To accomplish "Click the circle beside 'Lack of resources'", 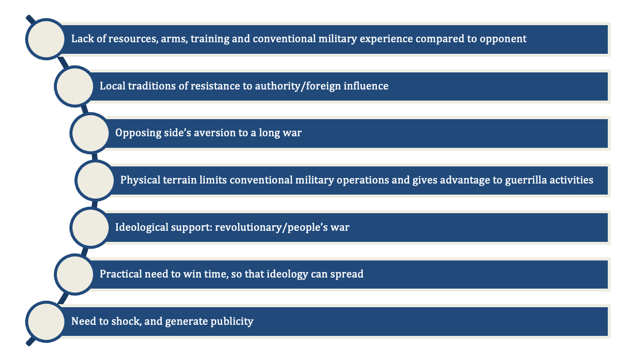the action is [x=46, y=39].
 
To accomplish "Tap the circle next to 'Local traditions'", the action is [x=74, y=86].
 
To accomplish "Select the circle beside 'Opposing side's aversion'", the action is [x=90, y=133].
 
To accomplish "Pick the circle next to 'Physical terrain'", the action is [x=95, y=181].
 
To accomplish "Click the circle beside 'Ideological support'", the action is [x=90, y=228].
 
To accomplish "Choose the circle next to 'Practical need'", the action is [x=74, y=275].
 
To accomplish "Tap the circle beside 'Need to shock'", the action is [x=46, y=322].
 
